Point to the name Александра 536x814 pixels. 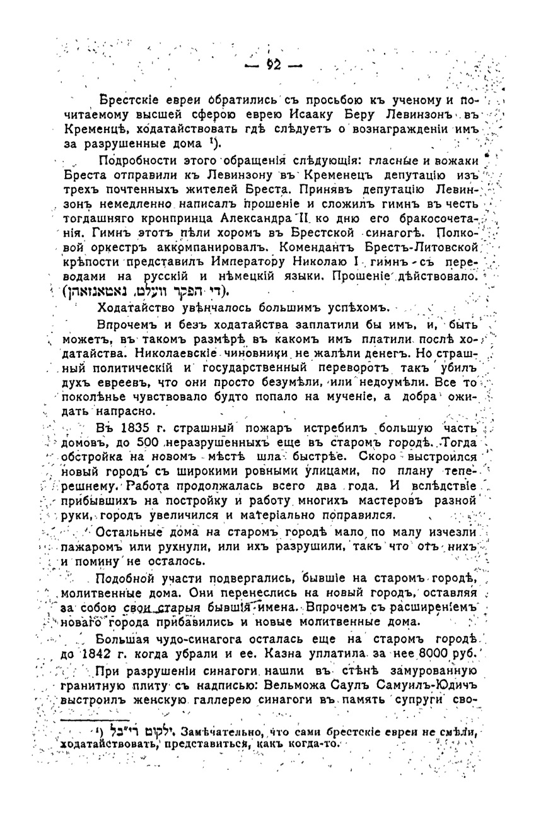pos(249,218)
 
